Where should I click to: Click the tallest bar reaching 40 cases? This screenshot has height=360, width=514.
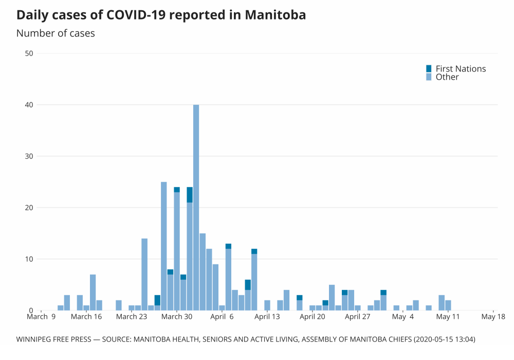[196, 206]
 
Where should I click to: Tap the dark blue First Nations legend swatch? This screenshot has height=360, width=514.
[429, 68]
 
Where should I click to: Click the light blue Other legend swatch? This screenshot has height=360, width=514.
[429, 77]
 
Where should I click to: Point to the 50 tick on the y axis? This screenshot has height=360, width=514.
[29, 53]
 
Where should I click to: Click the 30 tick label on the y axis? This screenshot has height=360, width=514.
[29, 156]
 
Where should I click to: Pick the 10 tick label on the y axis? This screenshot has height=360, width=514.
[29, 259]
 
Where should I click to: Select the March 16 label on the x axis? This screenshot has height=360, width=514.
[86, 317]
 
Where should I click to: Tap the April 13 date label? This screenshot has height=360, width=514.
[267, 317]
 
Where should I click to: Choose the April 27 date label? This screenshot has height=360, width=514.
[358, 317]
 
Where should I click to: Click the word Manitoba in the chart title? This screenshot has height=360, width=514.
[276, 15]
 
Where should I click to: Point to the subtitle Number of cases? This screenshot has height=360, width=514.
[56, 33]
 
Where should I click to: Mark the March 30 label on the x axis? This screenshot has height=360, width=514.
[176, 317]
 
